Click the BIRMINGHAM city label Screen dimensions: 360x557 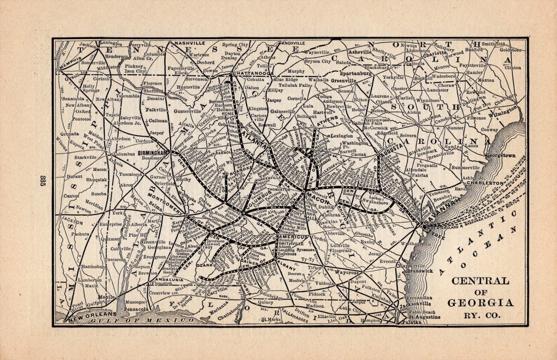tap(153, 153)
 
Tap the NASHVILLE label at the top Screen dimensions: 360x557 tap(190, 43)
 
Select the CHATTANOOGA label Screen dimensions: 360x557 tap(252, 74)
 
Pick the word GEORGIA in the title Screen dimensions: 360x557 tap(480, 303)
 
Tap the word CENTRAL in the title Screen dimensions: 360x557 tap(480, 281)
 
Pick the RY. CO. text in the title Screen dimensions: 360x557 tap(480, 315)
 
